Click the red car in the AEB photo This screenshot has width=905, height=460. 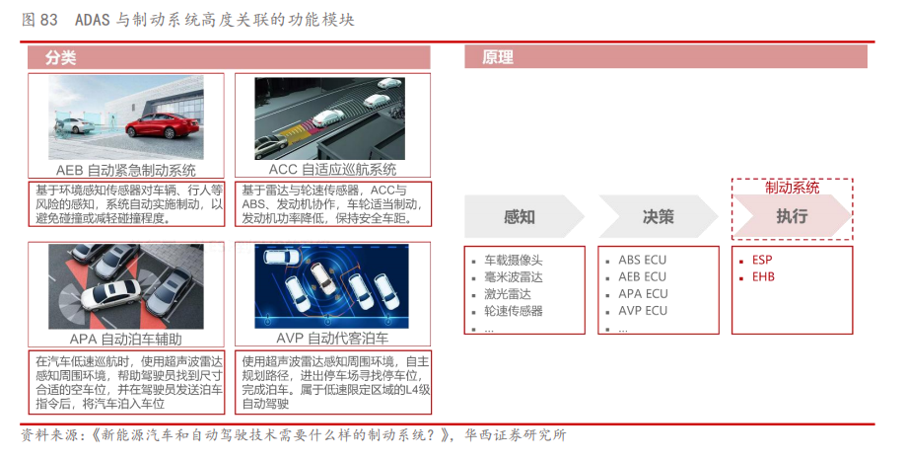pyautogui.click(x=163, y=124)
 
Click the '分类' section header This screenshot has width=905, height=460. pyautogui.click(x=60, y=58)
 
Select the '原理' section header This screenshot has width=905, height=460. pyautogui.click(x=498, y=58)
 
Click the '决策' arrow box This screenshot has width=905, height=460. pyautogui.click(x=658, y=217)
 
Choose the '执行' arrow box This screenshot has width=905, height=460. pyautogui.click(x=792, y=216)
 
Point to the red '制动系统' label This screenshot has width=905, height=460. pyautogui.click(x=792, y=188)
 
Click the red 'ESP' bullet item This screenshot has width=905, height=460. pyautogui.click(x=762, y=260)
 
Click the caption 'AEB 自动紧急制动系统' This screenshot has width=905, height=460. pyautogui.click(x=126, y=171)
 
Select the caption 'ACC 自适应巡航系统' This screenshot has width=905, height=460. pyautogui.click(x=332, y=170)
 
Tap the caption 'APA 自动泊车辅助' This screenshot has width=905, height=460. pyautogui.click(x=126, y=339)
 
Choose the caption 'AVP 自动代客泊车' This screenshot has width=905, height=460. pyautogui.click(x=332, y=338)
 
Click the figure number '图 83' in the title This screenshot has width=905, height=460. pyautogui.click(x=39, y=20)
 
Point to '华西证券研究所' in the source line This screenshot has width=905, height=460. pyautogui.click(x=516, y=435)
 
